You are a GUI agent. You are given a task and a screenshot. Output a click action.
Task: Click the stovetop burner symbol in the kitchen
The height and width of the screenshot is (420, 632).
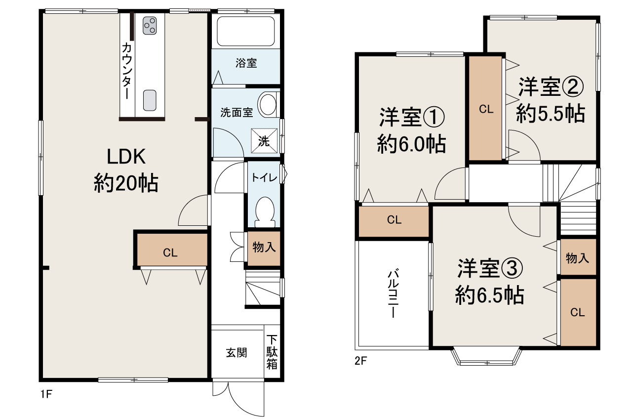pos(150,26)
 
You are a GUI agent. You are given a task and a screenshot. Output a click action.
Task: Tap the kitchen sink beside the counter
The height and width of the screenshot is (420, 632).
pos(150,101)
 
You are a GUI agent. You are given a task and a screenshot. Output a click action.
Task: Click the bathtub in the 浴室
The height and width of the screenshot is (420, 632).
pos(245,32)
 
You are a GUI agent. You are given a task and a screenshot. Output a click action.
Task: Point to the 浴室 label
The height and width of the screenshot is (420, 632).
pos(246,63)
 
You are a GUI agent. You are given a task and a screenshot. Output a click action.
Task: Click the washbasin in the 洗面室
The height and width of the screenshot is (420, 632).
pos(268,105)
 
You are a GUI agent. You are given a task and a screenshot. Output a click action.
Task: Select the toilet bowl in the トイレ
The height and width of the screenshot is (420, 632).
pos(265,210)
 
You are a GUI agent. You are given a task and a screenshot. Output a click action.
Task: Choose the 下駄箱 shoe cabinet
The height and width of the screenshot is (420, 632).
pos(272,352)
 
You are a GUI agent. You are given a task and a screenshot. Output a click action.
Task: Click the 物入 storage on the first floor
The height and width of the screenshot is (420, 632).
pos(264,247)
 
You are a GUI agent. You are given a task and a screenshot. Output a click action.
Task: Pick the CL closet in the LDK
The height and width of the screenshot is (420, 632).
pos(170,252)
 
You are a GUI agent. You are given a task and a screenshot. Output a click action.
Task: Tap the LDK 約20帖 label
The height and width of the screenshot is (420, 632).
pos(126,170)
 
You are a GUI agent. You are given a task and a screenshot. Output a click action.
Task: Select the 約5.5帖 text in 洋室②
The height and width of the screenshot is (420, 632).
pos(551,115)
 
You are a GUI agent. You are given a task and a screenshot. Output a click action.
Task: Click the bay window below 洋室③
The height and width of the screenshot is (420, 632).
pos(487,357)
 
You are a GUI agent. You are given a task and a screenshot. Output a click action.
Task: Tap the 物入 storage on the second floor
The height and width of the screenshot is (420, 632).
pos(578,257)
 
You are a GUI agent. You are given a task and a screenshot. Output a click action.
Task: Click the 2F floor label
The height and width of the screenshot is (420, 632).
pos(360,361)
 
